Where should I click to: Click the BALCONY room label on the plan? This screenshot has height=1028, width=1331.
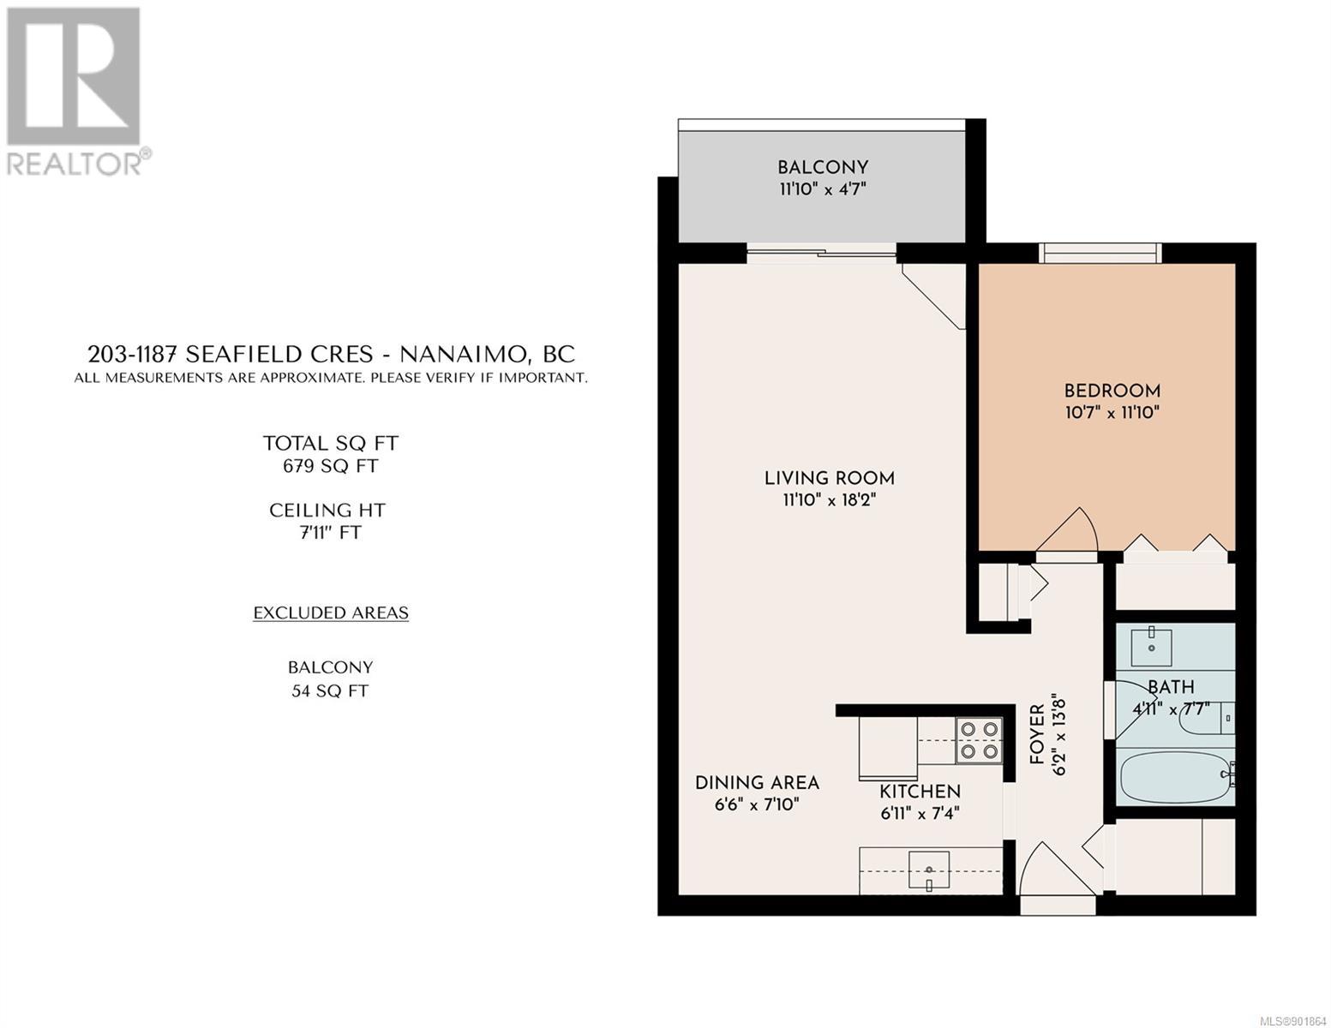(x=823, y=167)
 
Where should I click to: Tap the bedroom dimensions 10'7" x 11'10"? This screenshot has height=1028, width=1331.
(x=1112, y=412)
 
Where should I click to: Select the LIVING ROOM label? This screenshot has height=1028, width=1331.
(x=830, y=478)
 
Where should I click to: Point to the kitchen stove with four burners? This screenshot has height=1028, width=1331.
(x=978, y=741)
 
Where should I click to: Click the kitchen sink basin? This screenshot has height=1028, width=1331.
(x=928, y=870)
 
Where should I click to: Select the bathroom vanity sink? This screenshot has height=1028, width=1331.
(x=1152, y=647)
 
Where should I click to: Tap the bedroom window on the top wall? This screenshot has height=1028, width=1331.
(x=1100, y=253)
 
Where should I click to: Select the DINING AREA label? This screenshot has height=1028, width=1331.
(x=757, y=782)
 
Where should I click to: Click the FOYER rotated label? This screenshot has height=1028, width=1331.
(x=1036, y=734)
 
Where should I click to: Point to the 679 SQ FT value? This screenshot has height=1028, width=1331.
(x=330, y=466)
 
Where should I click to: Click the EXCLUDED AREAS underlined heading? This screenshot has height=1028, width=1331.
(x=331, y=613)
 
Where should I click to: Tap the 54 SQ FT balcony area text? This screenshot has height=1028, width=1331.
(x=330, y=690)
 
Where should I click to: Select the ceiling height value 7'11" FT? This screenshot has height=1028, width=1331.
(x=330, y=532)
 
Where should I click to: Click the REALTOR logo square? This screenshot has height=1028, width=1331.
(x=74, y=76)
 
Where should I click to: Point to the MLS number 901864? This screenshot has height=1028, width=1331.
(x=1293, y=1020)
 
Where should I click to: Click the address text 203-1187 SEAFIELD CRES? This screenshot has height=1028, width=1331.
(x=231, y=354)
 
